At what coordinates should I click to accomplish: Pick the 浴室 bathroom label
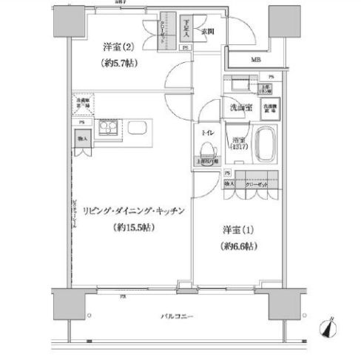point(238,140)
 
